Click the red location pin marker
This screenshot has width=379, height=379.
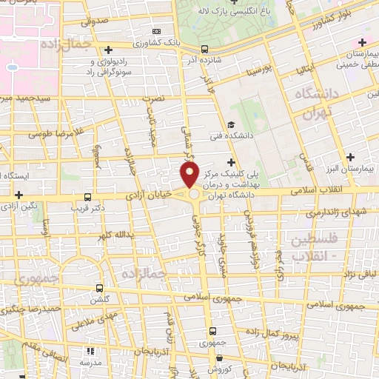189,175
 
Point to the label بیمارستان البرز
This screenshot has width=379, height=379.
351,169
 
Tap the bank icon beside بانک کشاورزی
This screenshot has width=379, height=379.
157,31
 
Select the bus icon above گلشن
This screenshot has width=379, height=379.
100,288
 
